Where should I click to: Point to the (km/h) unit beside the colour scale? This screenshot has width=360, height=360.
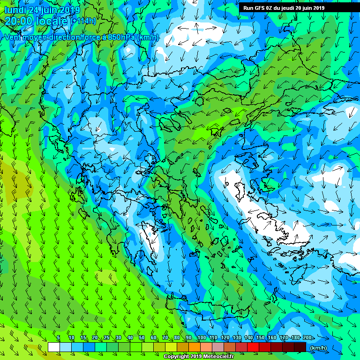(x=318, y=348)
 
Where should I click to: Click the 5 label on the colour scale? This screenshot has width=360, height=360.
(x=58, y=337)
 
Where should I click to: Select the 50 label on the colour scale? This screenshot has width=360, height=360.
(x=141, y=337)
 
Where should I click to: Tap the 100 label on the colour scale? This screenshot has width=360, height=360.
(x=202, y=337)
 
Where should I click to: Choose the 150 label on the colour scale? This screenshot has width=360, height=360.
(x=261, y=337)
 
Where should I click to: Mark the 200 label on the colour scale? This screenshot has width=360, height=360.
(x=307, y=337)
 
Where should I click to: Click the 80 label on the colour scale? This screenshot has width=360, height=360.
(x=177, y=337)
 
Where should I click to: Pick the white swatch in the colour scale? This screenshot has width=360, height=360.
(x=53, y=347)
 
